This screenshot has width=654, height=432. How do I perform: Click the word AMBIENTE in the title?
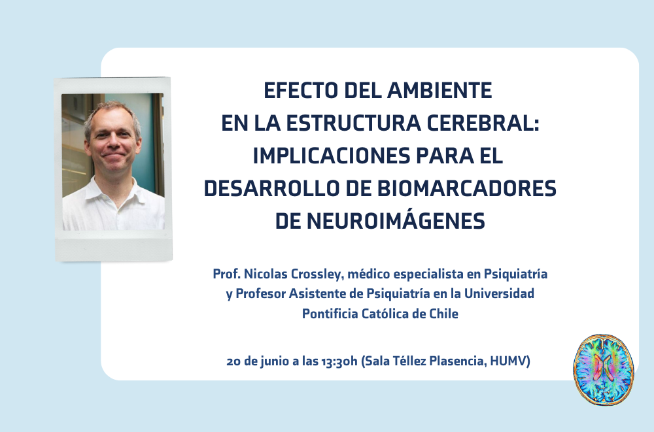[x=439, y=90]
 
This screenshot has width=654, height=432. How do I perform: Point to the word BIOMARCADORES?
[x=467, y=188]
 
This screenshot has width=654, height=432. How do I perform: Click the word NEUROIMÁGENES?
[x=396, y=221]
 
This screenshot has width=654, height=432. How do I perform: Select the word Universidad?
[x=499, y=293]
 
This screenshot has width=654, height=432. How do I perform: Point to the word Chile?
[x=444, y=313]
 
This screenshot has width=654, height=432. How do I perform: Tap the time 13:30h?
[x=339, y=361]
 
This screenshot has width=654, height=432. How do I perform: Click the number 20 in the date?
[x=233, y=361]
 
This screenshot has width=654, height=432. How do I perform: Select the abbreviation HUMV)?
[x=510, y=361]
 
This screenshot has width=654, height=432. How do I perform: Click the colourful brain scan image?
[x=604, y=369]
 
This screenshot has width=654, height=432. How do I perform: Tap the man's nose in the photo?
[x=112, y=143]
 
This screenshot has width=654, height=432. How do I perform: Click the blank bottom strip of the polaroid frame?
[x=114, y=248]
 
